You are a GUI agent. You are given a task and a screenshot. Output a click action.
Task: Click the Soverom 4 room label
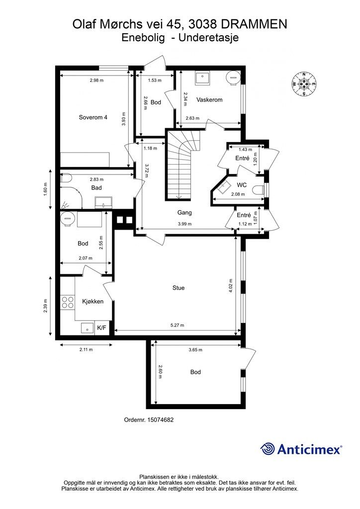pyautogui.click(x=93, y=117)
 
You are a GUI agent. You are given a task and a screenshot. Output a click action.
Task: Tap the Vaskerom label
pyautogui.click(x=209, y=99)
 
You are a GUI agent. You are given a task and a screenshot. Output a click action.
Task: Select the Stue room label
pyautogui.click(x=179, y=288)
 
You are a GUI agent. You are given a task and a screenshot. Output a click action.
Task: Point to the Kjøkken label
pyautogui.click(x=93, y=301)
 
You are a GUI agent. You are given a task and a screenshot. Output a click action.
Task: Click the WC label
pyautogui.click(x=242, y=185)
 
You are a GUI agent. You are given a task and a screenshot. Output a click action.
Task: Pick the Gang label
pyautogui.click(x=184, y=213)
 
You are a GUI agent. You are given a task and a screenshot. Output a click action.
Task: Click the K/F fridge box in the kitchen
pyautogui.click(x=101, y=328)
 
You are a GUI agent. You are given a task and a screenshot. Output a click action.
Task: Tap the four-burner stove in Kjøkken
pyautogui.click(x=68, y=302)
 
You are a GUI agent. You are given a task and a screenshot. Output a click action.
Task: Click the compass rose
pyautogui.click(x=304, y=84)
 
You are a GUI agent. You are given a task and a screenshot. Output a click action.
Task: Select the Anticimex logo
pyautogui.click(x=301, y=449)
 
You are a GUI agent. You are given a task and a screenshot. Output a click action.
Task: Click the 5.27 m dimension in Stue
pyautogui.click(x=177, y=325)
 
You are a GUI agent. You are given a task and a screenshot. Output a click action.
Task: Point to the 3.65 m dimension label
pyautogui.click(x=195, y=349)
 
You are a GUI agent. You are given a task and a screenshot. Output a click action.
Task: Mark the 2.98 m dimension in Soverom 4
pyautogui.click(x=97, y=81)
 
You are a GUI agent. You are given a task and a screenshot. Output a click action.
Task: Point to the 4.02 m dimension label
pyautogui.click(x=231, y=286)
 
